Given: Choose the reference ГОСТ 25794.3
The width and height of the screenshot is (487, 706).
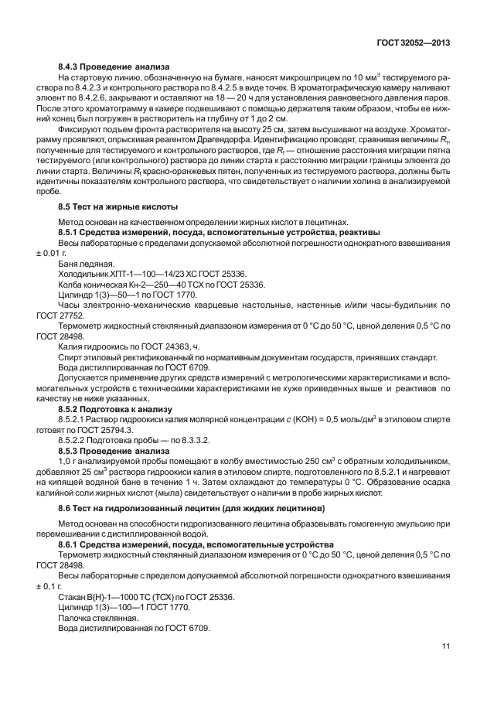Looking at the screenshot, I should click(102, 429).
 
